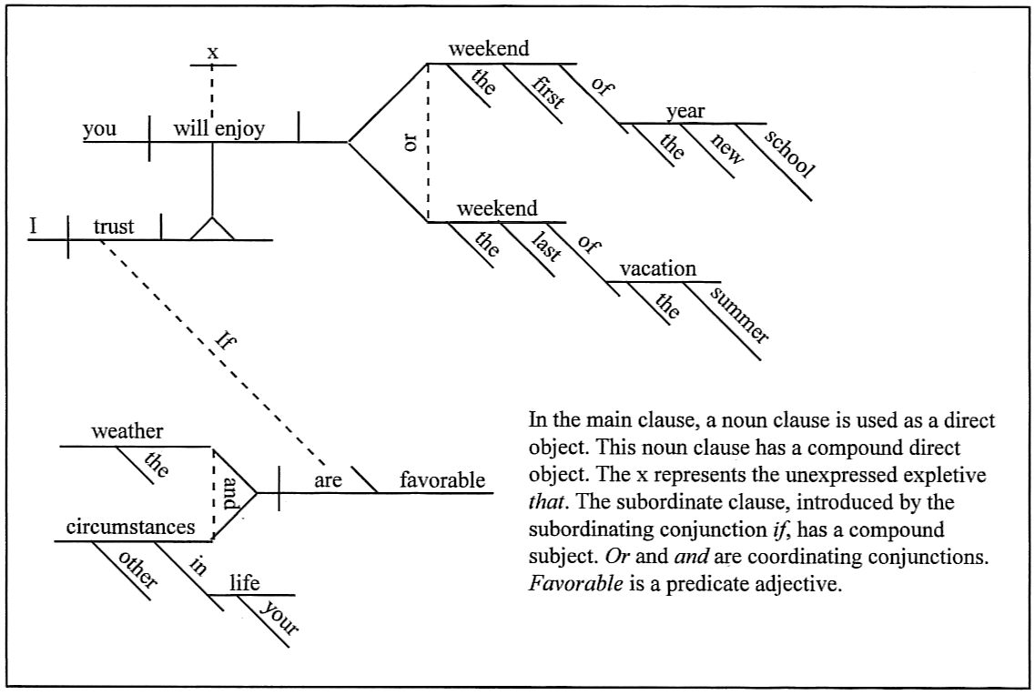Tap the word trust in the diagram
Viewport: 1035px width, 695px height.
(x=114, y=227)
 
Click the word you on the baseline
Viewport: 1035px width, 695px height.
(x=99, y=129)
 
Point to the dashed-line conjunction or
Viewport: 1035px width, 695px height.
(x=412, y=143)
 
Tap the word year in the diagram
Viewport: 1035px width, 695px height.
(x=685, y=112)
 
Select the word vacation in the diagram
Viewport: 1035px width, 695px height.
(x=658, y=269)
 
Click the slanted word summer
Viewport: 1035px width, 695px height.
(x=738, y=315)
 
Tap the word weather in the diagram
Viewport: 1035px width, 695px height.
(x=127, y=431)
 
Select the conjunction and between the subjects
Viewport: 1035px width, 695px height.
(x=228, y=491)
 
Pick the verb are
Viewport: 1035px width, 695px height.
(x=328, y=480)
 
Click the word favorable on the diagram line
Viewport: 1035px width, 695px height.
(x=443, y=480)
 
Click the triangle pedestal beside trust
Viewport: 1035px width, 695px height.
(x=212, y=229)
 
